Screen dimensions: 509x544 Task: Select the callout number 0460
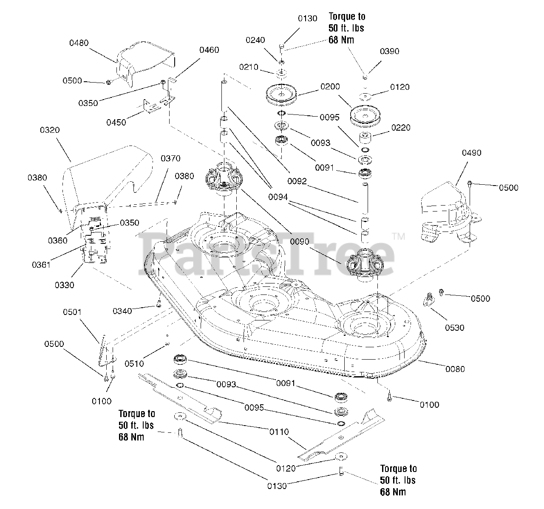click(209, 50)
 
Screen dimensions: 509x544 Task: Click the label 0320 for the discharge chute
click(50, 130)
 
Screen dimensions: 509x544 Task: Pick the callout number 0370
click(170, 158)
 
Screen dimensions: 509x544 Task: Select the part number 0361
click(41, 265)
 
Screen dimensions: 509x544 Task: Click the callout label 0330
click(64, 285)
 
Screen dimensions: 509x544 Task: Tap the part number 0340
click(122, 311)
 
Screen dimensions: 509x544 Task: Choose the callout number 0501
click(72, 312)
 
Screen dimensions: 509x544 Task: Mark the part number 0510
click(134, 363)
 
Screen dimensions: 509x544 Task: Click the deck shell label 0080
click(455, 369)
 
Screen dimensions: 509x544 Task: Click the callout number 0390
click(389, 51)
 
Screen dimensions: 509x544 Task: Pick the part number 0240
click(255, 40)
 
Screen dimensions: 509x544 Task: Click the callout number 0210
click(249, 67)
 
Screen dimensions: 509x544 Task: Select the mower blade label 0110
click(279, 432)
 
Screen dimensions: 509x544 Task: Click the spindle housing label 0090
click(300, 241)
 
